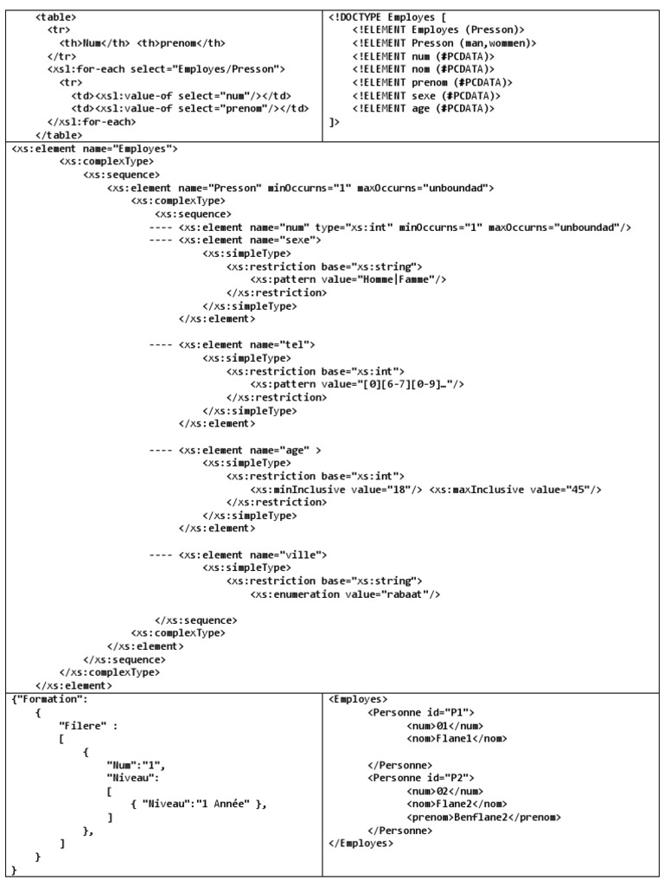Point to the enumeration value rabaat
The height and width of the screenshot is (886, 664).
412,594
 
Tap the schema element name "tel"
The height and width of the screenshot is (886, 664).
290,345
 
